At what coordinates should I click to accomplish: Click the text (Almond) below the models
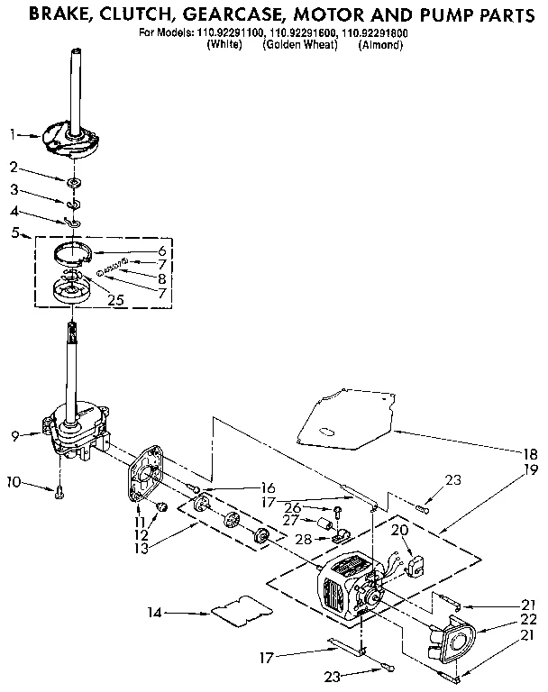click(379, 45)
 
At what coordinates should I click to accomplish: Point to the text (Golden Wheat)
click(299, 45)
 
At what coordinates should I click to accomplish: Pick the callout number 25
click(115, 300)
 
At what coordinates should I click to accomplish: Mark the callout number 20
click(401, 532)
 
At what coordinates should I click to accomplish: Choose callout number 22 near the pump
click(529, 619)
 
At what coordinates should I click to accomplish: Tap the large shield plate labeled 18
click(346, 416)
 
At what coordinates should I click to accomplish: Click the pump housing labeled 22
click(455, 640)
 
